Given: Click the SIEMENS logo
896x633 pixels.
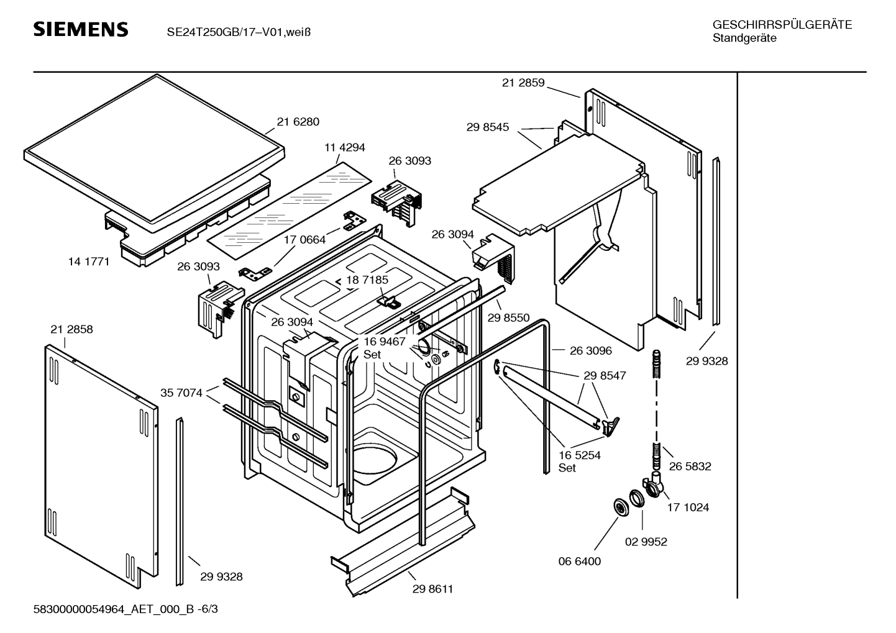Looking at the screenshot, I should tap(80, 30).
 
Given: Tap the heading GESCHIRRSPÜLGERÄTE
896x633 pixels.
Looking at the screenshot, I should tap(782, 25).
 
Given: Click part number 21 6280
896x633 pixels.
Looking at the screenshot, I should tap(298, 122).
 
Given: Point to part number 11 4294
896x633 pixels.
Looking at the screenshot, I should tap(345, 147).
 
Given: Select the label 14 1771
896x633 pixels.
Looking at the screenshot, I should tap(89, 262).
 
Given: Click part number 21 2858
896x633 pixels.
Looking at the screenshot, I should tap(72, 329).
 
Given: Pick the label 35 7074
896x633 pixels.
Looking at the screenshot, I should tap(181, 393).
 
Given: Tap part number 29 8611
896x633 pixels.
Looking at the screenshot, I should tap(432, 589).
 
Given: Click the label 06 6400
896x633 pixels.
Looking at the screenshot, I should tap(580, 561).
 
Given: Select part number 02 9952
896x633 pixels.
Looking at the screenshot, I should tap(646, 542).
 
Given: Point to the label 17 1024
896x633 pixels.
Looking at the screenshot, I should tap(688, 507).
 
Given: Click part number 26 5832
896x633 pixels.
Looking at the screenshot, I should tap(690, 466).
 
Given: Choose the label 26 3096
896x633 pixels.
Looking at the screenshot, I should tap(591, 350).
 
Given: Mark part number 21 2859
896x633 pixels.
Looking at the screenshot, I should tap(523, 83).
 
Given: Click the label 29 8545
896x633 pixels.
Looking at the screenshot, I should tap(488, 127).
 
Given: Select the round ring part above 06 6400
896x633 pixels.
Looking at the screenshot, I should tap(619, 507).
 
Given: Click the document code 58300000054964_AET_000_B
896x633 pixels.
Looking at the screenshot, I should tap(117, 609).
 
